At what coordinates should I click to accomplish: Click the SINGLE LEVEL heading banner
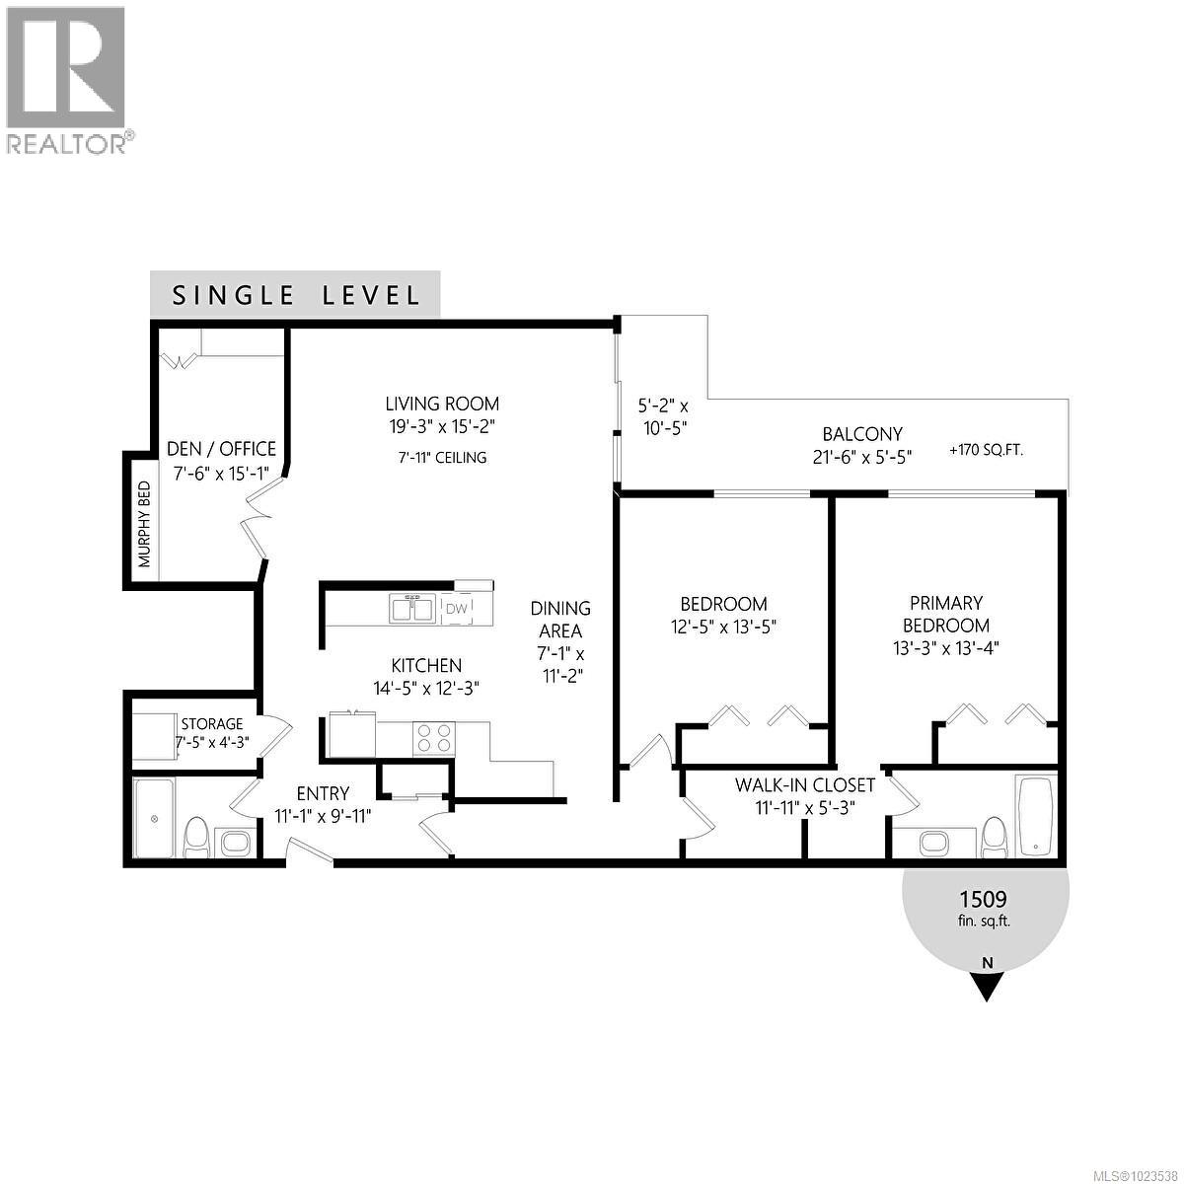coord(295,295)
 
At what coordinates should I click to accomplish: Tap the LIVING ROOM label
coord(441,404)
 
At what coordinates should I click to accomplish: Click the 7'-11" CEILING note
coord(436,458)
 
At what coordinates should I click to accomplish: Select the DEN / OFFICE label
coord(221,449)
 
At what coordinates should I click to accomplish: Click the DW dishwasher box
coord(456,609)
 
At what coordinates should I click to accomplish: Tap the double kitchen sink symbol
coord(412,609)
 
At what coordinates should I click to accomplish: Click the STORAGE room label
coord(211,724)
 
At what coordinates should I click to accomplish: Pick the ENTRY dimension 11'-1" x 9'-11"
coord(323,815)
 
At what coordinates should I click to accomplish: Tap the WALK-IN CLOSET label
coord(805,785)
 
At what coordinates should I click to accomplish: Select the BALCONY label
coord(862,434)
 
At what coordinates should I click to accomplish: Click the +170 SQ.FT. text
coord(986,450)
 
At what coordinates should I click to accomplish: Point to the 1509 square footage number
coord(983,899)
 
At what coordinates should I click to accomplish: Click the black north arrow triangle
coord(985,986)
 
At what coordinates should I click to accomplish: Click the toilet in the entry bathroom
coord(195,840)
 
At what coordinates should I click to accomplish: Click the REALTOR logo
coord(66,79)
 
